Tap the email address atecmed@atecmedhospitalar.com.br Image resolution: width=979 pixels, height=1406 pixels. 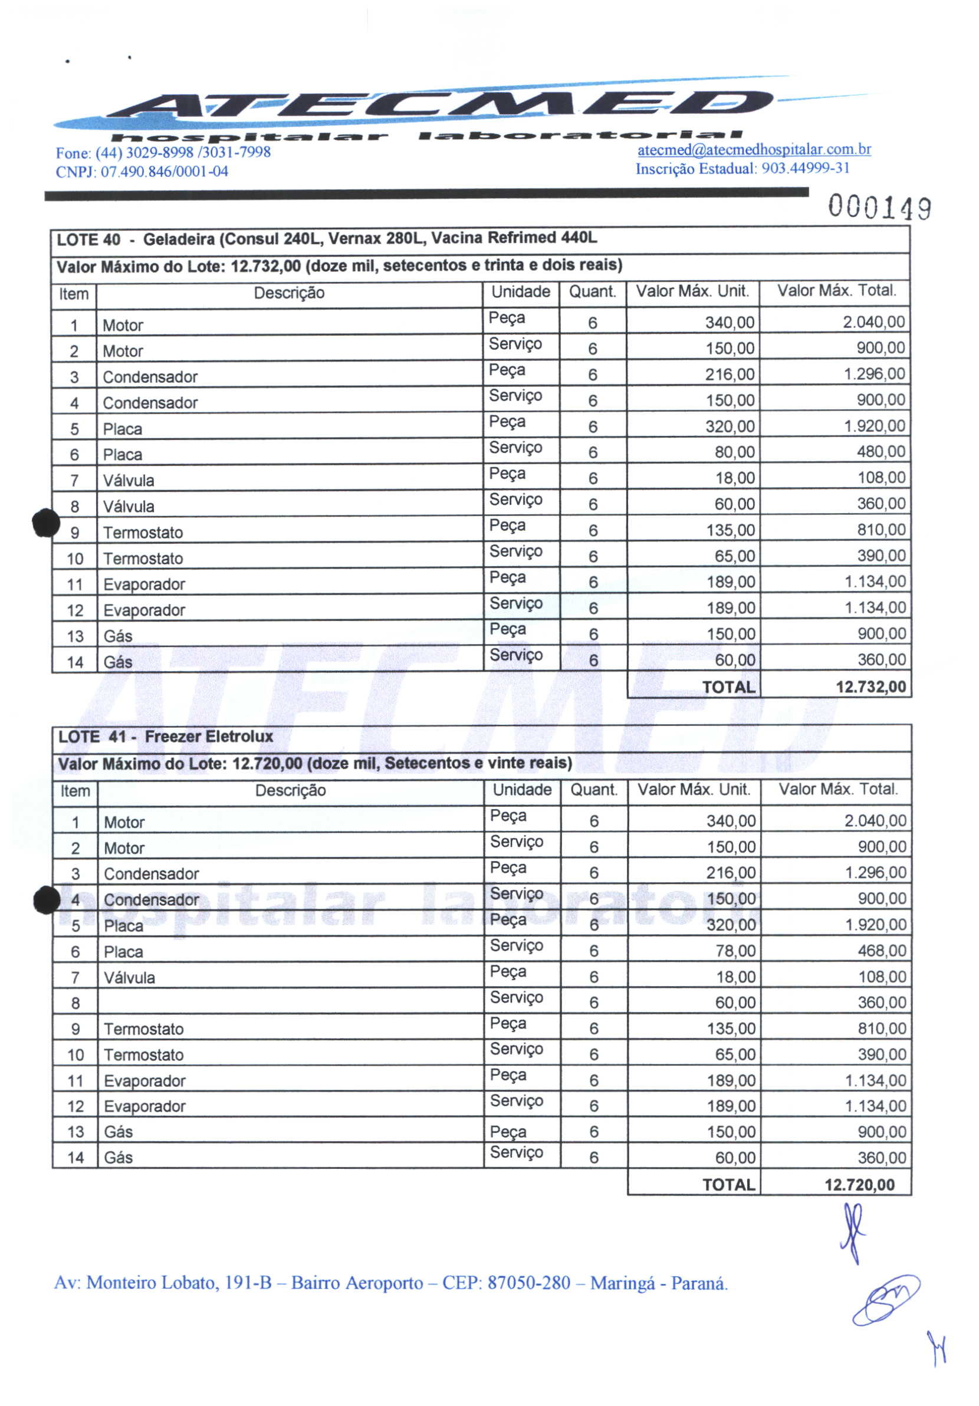coord(754,150)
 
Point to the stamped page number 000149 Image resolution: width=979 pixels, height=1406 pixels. coord(880,208)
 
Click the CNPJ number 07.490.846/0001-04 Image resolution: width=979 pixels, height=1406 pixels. coord(164,172)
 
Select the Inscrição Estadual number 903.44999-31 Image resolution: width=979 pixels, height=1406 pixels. coord(805,169)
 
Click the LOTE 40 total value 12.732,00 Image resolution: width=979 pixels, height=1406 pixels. coord(870,686)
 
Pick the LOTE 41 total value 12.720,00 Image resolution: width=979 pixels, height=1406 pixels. coord(859,1185)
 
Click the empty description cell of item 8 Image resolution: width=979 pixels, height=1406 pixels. coord(290,1003)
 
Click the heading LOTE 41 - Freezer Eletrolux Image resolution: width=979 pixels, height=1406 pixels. coord(165,737)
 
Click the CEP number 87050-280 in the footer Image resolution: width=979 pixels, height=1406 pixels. coord(528,1283)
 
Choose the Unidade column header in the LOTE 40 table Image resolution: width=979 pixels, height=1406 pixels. coord(520,292)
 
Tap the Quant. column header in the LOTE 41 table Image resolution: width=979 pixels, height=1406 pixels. coord(593,790)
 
